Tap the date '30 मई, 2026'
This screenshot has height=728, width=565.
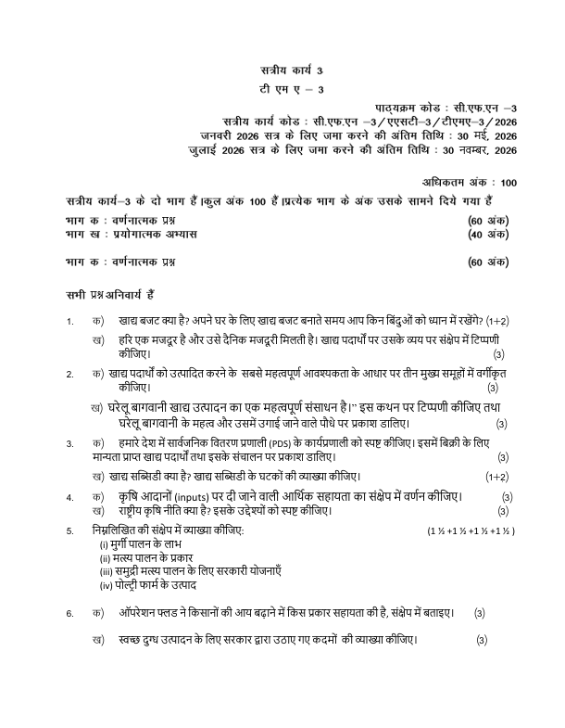(480, 136)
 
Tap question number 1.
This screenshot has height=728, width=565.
(70, 322)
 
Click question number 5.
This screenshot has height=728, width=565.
(70, 530)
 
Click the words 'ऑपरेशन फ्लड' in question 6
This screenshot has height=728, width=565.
(149, 613)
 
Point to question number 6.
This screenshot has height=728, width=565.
(70, 614)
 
